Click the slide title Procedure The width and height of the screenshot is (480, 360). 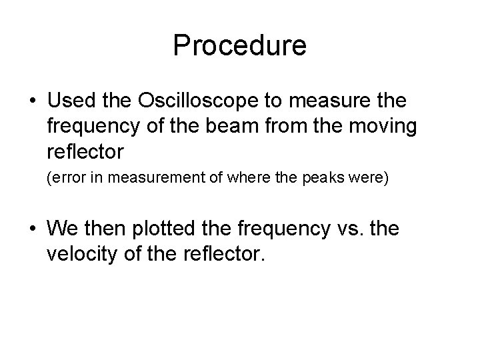[239, 45]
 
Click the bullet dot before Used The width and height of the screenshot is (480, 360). [32, 101]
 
